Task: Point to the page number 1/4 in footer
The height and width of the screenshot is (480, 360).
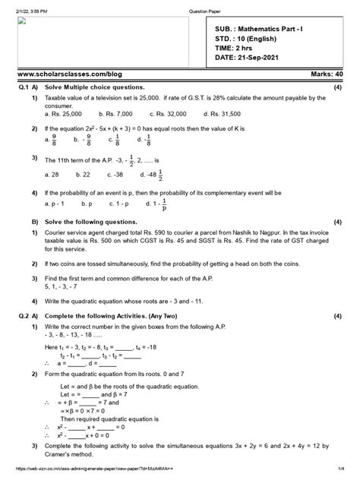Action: pyautogui.click(x=345, y=472)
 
